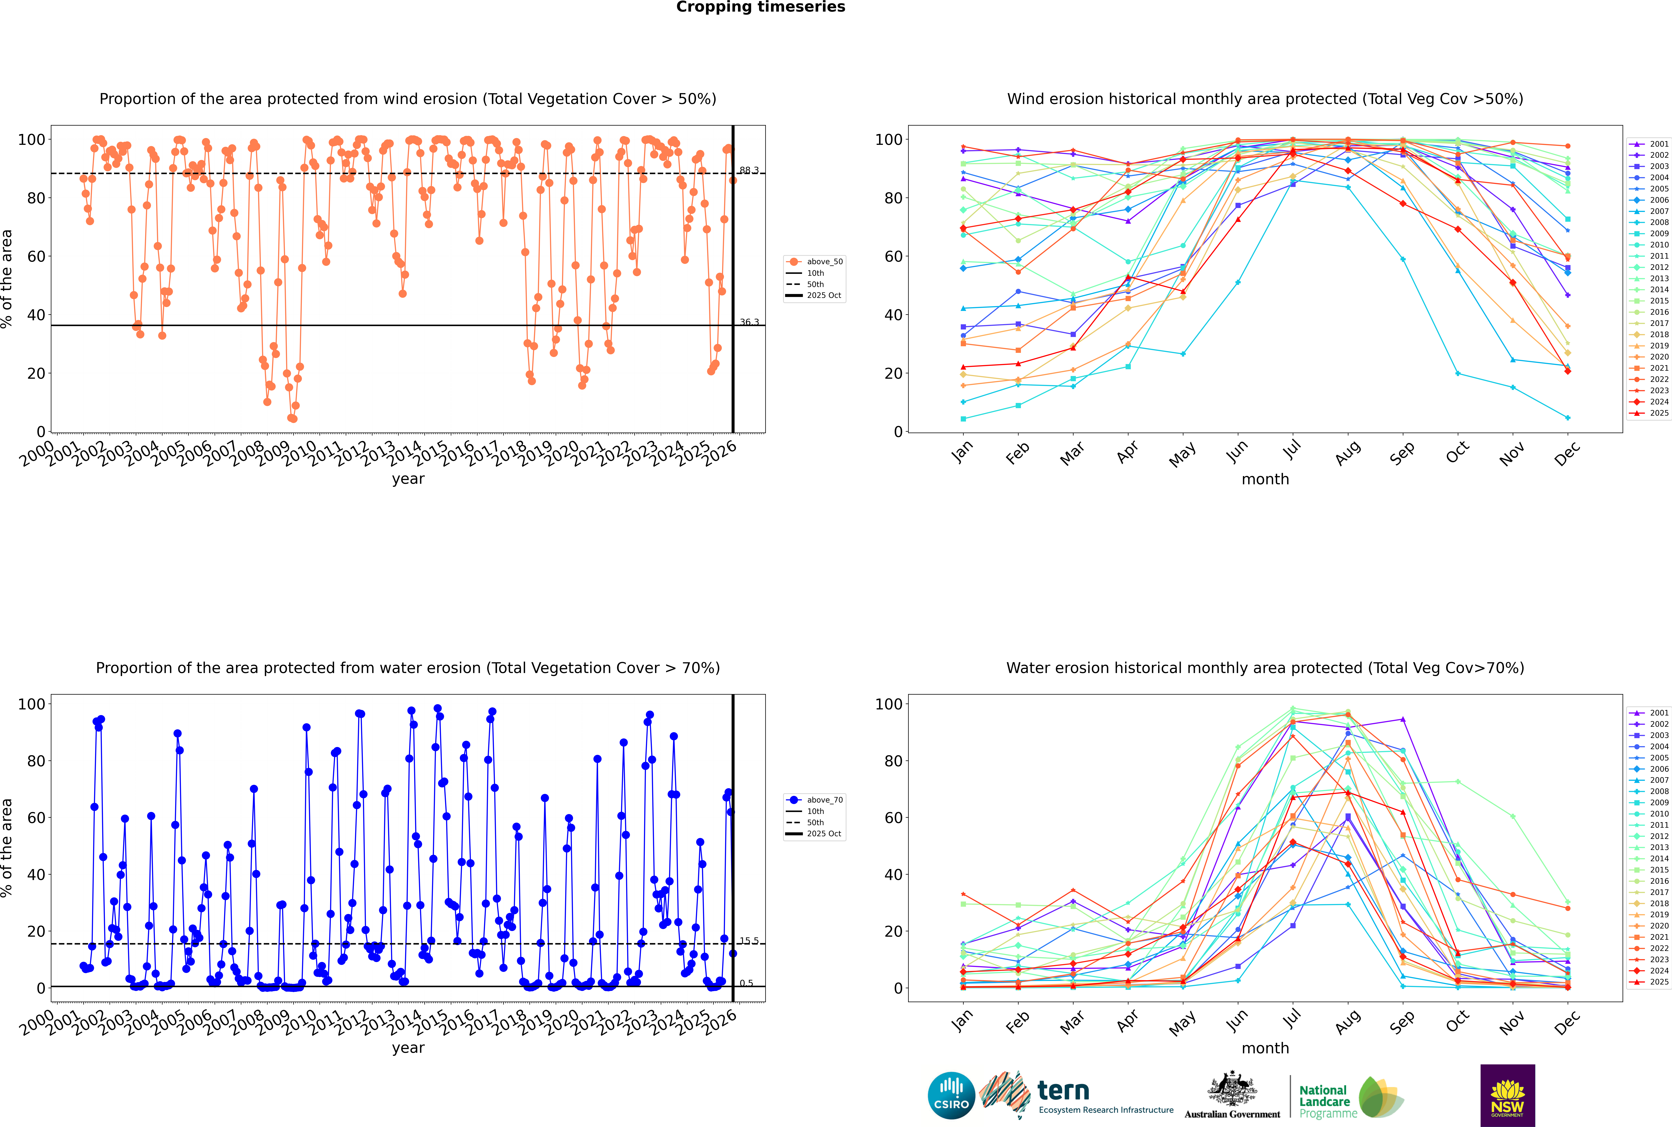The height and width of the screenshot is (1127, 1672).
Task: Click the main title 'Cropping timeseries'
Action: (x=760, y=7)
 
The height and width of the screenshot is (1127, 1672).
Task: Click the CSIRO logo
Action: (x=951, y=1095)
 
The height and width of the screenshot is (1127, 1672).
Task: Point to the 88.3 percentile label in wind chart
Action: (x=749, y=170)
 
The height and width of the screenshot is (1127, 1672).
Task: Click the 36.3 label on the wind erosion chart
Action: (x=749, y=322)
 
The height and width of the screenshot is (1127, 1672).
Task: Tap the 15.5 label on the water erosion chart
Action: (x=749, y=941)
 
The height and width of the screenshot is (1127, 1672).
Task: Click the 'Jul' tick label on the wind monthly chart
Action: (x=1292, y=451)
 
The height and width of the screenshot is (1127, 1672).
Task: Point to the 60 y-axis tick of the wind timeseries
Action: (x=36, y=257)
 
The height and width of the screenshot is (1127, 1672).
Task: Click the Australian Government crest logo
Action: (x=1232, y=1096)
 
